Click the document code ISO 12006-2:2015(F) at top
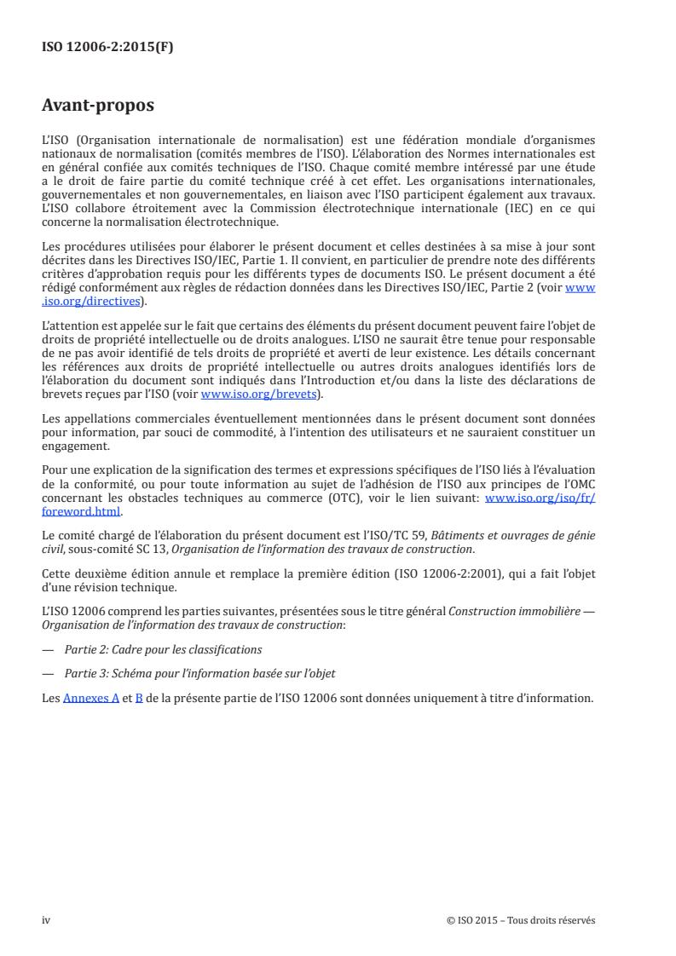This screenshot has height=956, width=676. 107,48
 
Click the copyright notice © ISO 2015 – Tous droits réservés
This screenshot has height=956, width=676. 521,920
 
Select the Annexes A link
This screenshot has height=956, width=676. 91,698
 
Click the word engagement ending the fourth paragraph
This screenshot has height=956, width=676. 75,446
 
